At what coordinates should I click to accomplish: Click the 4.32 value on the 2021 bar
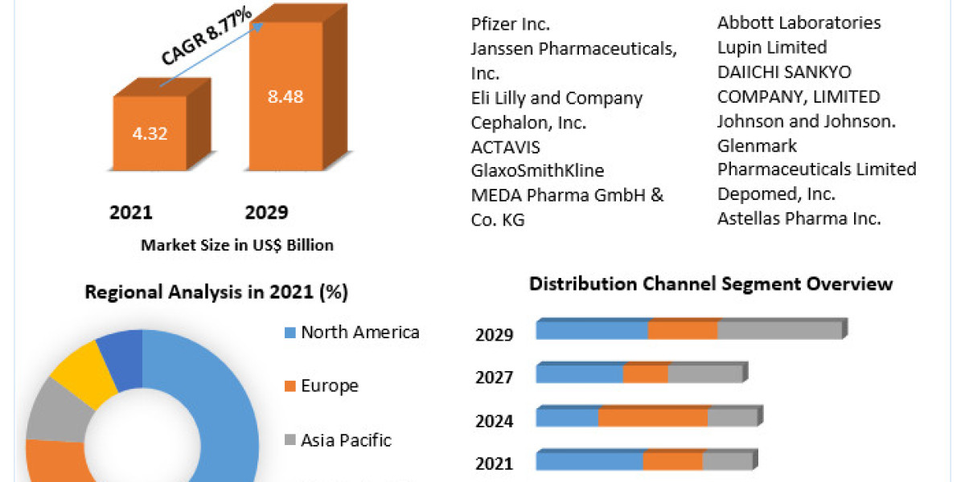150,133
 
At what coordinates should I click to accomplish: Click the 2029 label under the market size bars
265,212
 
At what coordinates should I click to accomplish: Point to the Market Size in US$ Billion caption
237,245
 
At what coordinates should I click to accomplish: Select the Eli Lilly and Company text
556,98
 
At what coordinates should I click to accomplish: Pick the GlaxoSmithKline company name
537,170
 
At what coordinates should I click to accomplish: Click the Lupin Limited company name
772,47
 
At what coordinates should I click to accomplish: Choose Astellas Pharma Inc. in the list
799,218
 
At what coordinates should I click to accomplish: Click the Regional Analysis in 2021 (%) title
216,292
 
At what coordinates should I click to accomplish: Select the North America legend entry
359,333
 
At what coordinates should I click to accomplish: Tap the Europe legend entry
330,386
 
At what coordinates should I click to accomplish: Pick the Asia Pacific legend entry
346,440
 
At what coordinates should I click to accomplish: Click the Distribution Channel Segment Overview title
711,284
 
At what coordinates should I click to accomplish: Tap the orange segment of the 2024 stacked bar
652,418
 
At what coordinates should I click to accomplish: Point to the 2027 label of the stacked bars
495,377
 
